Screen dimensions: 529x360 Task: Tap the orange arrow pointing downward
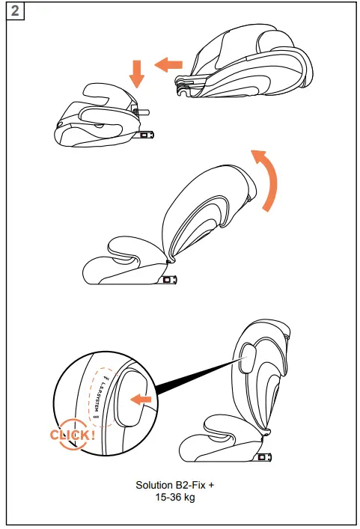(x=135, y=73)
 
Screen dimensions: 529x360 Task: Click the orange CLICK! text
(x=72, y=435)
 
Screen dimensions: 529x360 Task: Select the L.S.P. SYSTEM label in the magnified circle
(x=99, y=393)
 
